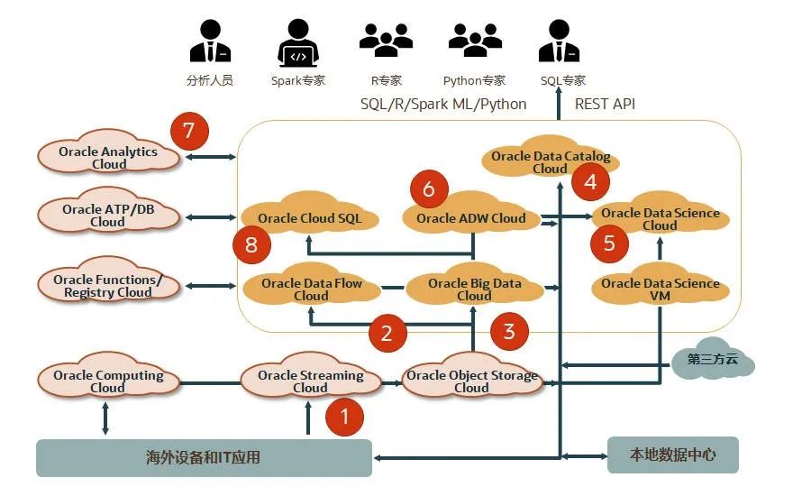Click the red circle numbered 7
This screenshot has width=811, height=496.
pos(188,132)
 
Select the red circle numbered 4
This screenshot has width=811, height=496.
pos(590,182)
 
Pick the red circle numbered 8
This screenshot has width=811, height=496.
pos(251,244)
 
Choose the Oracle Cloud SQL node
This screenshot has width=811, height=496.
pos(309,217)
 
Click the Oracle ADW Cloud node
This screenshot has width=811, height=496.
pos(471,217)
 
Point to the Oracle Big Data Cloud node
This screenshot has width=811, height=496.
pos(474,289)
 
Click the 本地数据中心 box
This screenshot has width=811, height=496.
pos(672,455)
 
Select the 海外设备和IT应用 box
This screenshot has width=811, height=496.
pos(204,457)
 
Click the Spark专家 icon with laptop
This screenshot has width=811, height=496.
pos(297,44)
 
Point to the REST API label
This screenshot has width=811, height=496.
pos(605,104)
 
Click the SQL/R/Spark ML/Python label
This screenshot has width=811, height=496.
pos(443,104)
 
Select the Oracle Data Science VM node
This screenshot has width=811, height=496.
pos(660,289)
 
